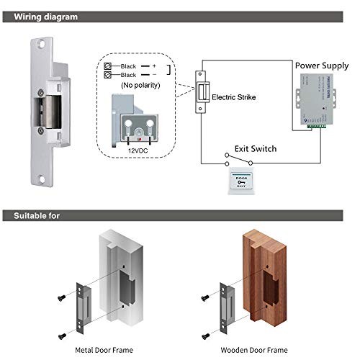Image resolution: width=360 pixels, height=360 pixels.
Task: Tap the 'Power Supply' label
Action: point(321,65)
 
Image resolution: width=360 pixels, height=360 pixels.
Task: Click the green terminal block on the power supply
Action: point(316,127)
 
